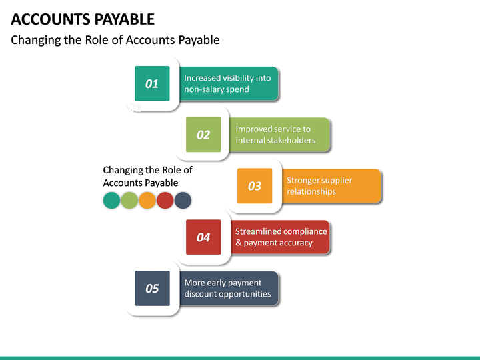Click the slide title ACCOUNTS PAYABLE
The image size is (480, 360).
[83, 19]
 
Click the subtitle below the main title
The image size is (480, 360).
[115, 40]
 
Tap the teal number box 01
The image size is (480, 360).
[152, 83]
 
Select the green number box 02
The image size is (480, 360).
[203, 135]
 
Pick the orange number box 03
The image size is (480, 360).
[255, 186]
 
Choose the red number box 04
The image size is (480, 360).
[203, 237]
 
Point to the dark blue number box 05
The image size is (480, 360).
[152, 288]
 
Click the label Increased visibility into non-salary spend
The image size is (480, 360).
[227, 83]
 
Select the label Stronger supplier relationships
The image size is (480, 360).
[320, 186]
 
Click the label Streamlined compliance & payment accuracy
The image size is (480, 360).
[281, 237]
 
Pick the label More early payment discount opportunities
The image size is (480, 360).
[227, 288]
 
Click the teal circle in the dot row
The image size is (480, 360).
[111, 200]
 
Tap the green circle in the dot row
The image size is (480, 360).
[129, 200]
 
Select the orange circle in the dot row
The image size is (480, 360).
[147, 200]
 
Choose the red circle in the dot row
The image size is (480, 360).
[165, 200]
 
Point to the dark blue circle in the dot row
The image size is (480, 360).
[183, 200]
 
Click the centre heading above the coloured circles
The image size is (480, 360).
[147, 177]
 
